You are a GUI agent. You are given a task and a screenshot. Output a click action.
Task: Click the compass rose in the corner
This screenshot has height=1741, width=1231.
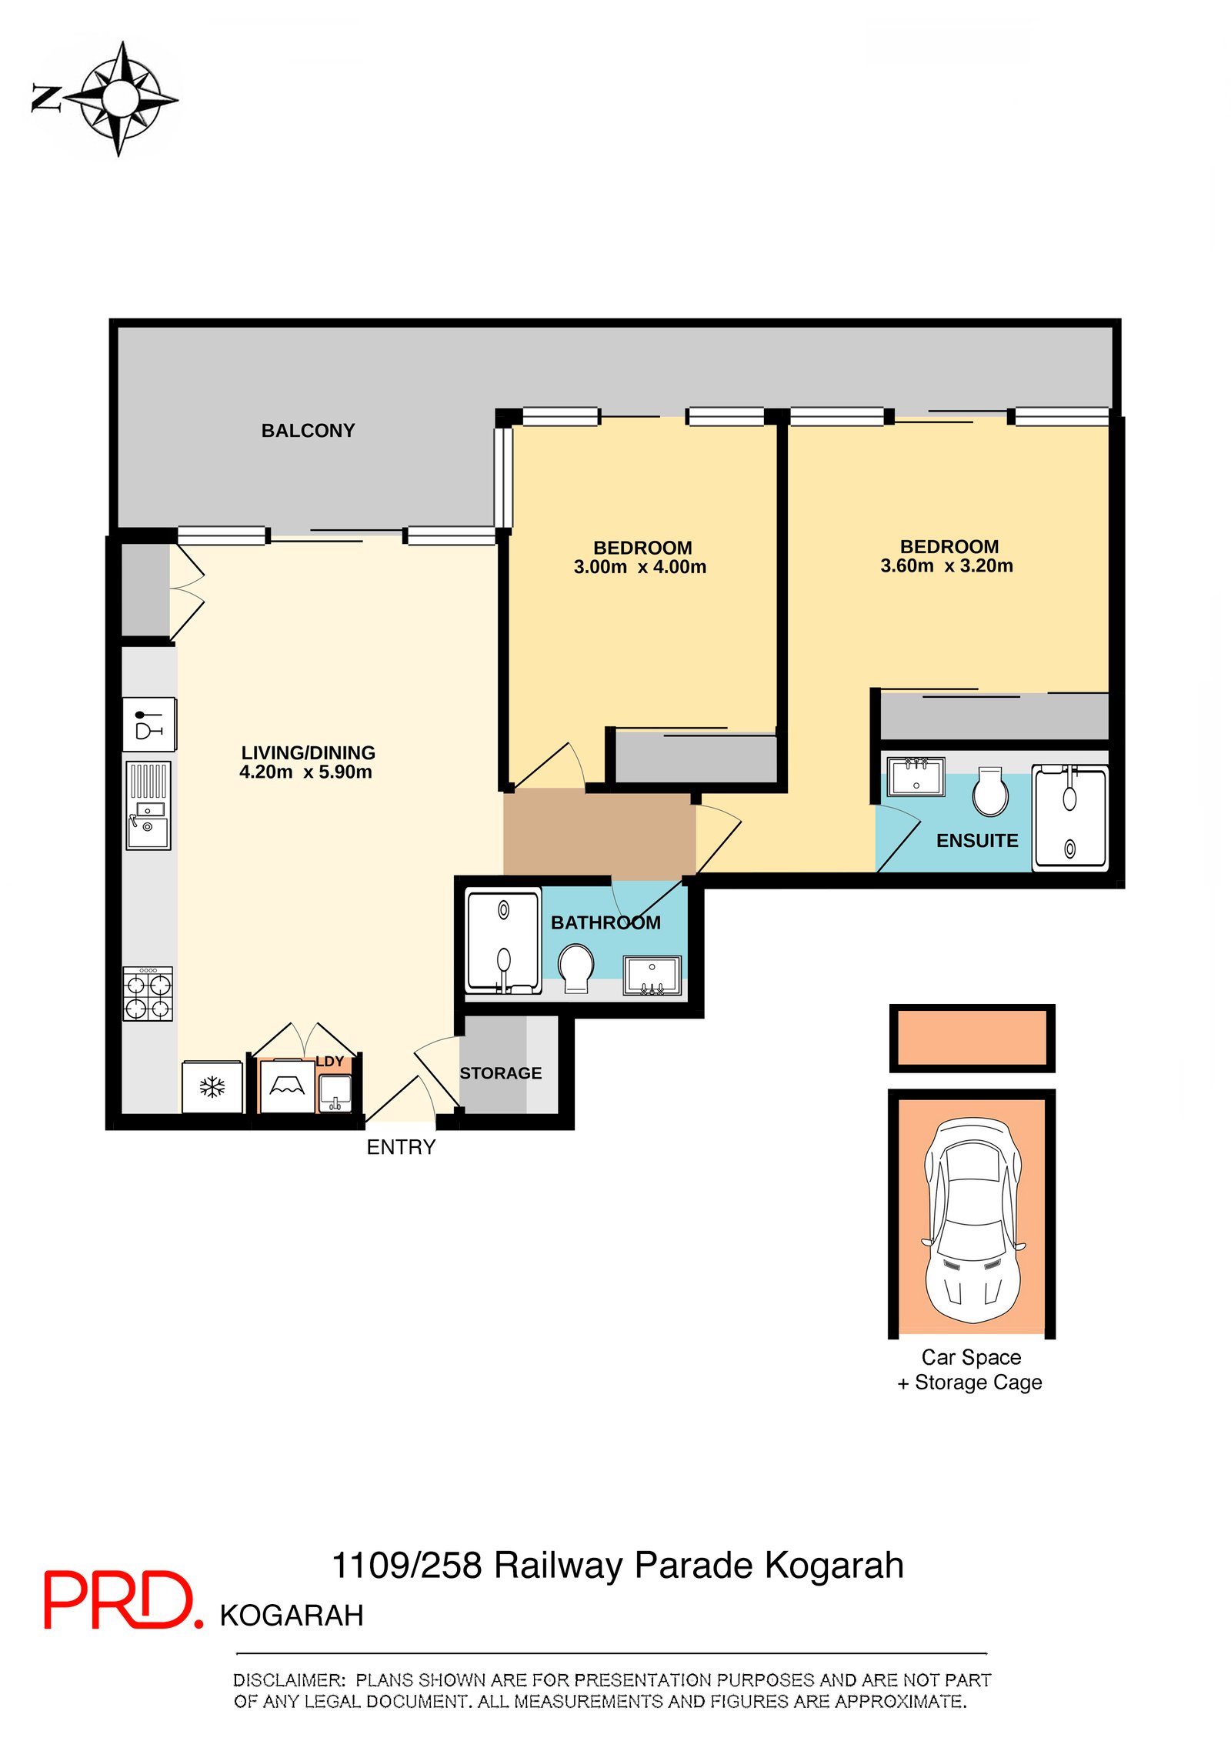click(x=119, y=98)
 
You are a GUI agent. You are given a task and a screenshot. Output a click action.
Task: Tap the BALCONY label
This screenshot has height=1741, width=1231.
click(x=308, y=431)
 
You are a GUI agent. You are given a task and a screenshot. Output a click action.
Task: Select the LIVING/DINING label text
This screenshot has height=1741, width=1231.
click(x=308, y=752)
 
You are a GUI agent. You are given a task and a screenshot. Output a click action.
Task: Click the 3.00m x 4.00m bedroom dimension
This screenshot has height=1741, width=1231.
click(x=639, y=567)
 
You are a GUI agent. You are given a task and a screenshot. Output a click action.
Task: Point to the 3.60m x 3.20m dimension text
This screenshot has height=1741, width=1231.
click(x=946, y=565)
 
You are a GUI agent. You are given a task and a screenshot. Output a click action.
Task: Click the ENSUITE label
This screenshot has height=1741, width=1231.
click(x=977, y=841)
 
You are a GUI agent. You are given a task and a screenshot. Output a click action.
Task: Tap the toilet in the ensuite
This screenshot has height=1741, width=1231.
click(x=990, y=791)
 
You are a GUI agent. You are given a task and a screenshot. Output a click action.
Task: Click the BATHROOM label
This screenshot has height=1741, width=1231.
click(x=605, y=922)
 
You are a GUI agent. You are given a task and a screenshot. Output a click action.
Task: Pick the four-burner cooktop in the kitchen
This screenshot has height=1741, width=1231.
click(x=148, y=993)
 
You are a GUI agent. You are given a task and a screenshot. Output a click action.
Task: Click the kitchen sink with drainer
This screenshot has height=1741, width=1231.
click(x=148, y=805)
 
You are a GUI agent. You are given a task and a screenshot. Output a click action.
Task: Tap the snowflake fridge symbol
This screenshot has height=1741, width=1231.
click(x=212, y=1087)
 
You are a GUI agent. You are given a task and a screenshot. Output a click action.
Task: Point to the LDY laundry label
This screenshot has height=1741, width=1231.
click(x=330, y=1062)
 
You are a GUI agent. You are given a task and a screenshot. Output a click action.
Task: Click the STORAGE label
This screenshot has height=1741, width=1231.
click(x=501, y=1073)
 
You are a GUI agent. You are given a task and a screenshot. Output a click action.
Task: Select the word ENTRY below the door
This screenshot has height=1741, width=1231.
click(x=401, y=1147)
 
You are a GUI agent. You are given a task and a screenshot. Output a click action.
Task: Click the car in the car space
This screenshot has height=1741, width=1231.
click(x=974, y=1219)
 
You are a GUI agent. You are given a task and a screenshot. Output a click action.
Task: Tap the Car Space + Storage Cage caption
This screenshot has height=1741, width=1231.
click(x=970, y=1369)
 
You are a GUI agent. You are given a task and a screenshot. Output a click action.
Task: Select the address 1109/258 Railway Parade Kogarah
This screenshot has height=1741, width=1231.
click(x=617, y=1566)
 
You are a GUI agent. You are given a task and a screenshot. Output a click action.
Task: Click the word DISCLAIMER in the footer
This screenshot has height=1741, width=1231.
click(x=289, y=1679)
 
